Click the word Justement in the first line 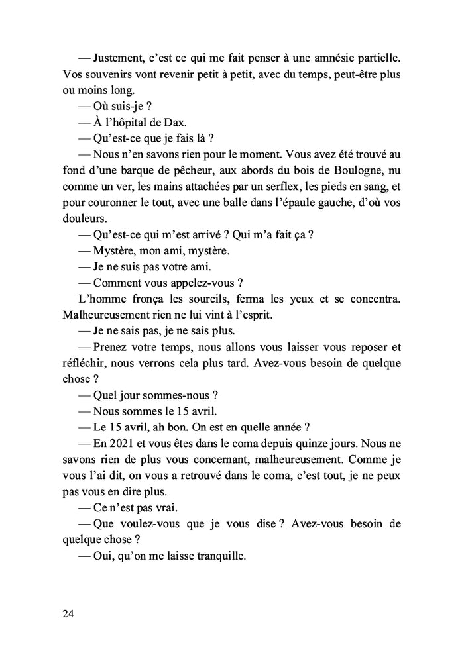(120, 58)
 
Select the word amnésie (343, 58)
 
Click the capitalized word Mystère (120, 251)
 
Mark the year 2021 (125, 443)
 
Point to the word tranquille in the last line (217, 556)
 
